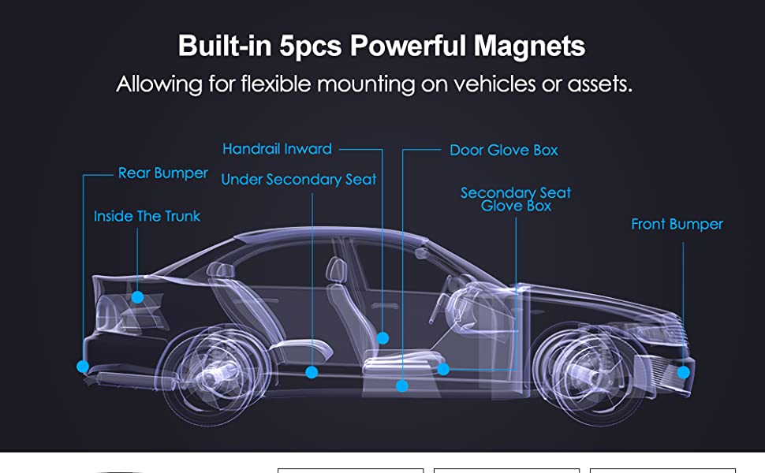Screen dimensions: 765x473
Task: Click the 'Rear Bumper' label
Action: pos(162,173)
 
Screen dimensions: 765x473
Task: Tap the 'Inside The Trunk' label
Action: pos(147,216)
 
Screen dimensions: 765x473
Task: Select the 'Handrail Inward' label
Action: pos(277,149)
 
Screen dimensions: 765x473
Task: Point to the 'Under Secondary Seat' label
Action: pos(299,180)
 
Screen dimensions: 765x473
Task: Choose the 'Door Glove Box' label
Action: pos(503,150)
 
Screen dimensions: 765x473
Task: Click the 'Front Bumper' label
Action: pos(677,225)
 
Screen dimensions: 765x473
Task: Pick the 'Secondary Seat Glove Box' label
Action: pos(516,199)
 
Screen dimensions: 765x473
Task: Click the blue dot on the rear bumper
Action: pos(83,367)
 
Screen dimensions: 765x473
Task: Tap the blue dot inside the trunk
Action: pos(137,297)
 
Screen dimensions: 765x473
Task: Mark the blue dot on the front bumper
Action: pos(684,372)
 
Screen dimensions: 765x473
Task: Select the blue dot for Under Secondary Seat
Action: pos(312,372)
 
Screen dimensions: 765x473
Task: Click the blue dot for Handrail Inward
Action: pos(382,338)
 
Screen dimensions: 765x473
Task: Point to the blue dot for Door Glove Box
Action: pos(402,386)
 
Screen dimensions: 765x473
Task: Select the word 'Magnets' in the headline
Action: pos(529,46)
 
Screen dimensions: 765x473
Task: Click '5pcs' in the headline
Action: pos(311,46)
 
